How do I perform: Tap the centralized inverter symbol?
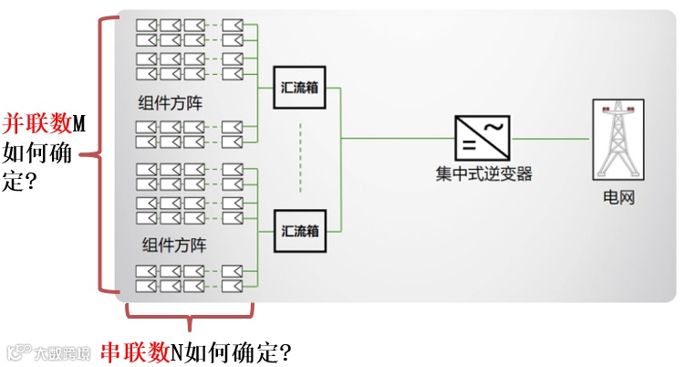point(483,138)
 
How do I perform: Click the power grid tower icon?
point(611,140)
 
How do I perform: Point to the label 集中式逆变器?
point(483,173)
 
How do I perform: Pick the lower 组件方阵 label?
point(175,245)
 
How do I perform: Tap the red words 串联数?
point(133,350)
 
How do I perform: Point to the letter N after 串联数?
point(176,350)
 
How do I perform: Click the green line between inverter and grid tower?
point(551,139)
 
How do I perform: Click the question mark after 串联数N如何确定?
point(283,350)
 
